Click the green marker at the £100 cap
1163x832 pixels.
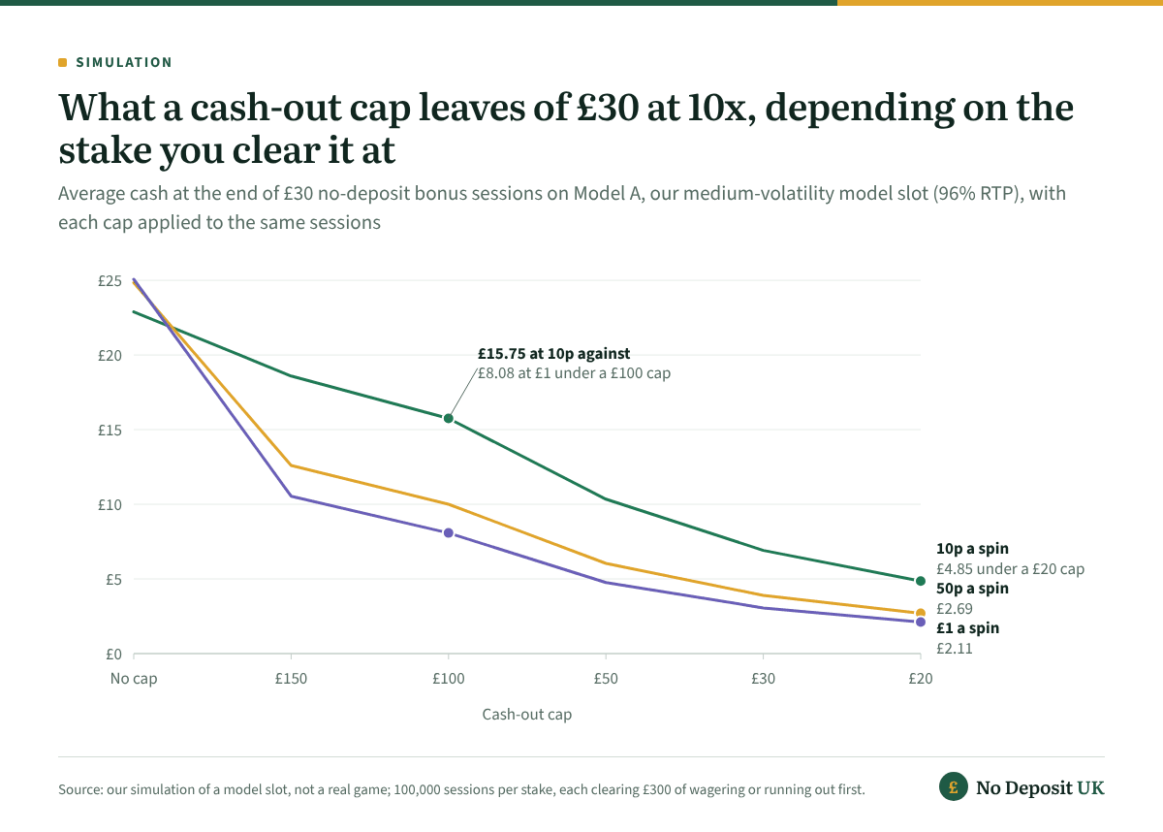[449, 418]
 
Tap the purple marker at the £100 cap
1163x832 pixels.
[449, 533]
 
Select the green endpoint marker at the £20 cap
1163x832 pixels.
[921, 581]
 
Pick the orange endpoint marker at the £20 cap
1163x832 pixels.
[921, 613]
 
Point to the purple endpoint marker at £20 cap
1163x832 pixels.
[921, 622]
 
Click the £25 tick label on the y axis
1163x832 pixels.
[110, 281]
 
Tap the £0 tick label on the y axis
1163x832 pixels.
[113, 654]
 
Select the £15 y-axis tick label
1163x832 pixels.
[110, 430]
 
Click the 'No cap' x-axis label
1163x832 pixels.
[134, 679]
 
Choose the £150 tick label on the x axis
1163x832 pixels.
[292, 678]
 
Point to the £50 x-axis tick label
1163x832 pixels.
[606, 678]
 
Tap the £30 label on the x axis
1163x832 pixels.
[764, 678]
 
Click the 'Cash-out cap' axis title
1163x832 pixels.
[527, 715]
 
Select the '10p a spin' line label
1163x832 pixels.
[972, 549]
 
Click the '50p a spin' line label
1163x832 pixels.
[972, 589]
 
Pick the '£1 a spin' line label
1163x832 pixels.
[968, 628]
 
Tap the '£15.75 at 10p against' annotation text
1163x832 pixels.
[554, 354]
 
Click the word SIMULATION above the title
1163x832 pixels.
[124, 62]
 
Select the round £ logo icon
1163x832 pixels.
[954, 786]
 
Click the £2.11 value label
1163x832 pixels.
[955, 649]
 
